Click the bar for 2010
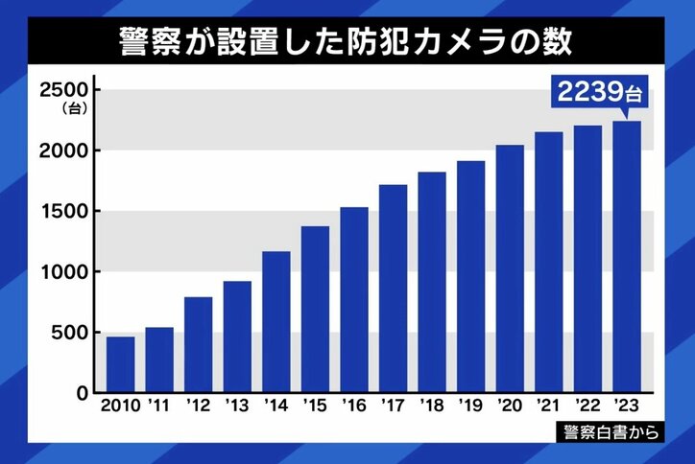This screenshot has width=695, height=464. click(120, 365)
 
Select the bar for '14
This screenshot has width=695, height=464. click(276, 322)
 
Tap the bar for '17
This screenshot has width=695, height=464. click(393, 289)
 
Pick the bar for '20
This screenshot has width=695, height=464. click(510, 268)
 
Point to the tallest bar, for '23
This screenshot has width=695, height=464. click(626, 257)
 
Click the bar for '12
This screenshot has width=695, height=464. click(198, 345)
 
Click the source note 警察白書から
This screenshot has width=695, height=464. click(612, 432)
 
